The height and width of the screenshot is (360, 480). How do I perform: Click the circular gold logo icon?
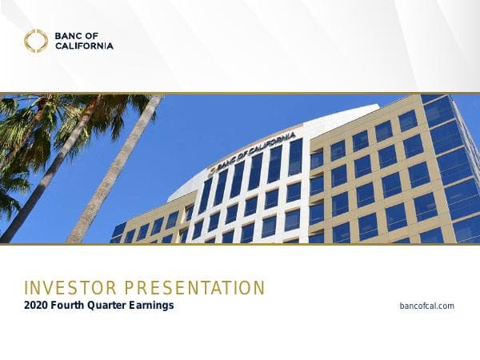(x=35, y=40)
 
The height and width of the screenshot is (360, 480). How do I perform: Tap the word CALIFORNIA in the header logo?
(x=84, y=46)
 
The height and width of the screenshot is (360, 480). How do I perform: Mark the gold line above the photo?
(x=240, y=94)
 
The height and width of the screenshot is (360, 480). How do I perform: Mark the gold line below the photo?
(x=240, y=244)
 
